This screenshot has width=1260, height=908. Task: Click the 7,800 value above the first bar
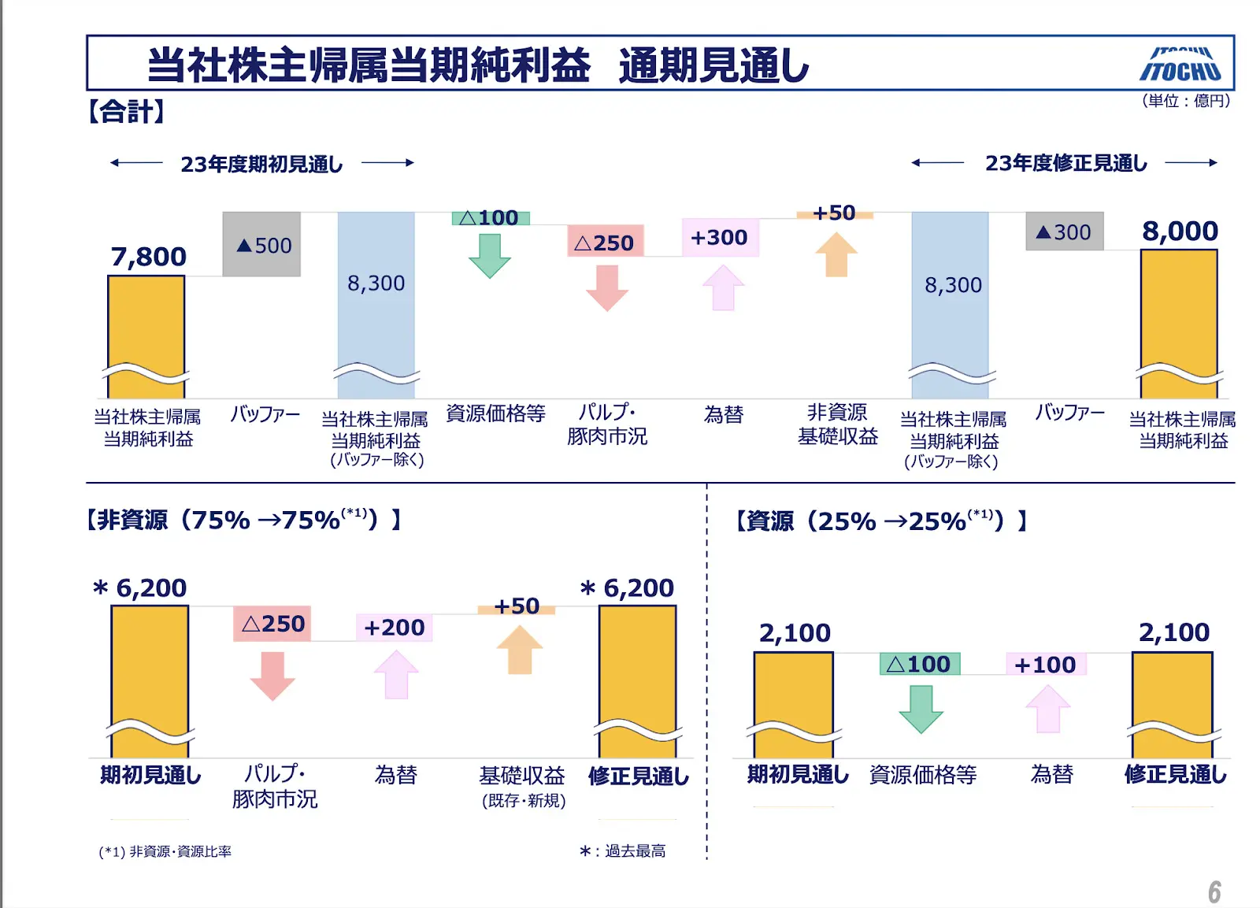pyautogui.click(x=148, y=257)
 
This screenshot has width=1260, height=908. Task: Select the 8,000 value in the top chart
pyautogui.click(x=1180, y=232)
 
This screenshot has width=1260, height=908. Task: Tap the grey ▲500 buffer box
pyautogui.click(x=261, y=245)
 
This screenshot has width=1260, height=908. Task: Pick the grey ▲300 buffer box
pyautogui.click(x=1064, y=232)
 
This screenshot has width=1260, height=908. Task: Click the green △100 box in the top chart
pyautogui.click(x=490, y=218)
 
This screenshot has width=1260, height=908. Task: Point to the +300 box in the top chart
pyautogui.click(x=719, y=238)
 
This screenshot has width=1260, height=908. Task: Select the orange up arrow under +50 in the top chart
pyautogui.click(x=836, y=254)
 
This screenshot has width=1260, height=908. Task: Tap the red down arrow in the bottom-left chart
pyautogui.click(x=272, y=676)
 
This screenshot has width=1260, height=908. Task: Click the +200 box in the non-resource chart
pyautogui.click(x=395, y=628)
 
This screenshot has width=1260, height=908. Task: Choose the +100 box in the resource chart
pyautogui.click(x=1045, y=665)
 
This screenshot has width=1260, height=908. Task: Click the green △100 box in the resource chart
pyautogui.click(x=919, y=665)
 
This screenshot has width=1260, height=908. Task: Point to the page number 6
pyautogui.click(x=1214, y=892)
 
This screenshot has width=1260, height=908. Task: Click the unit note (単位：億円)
pyautogui.click(x=1186, y=101)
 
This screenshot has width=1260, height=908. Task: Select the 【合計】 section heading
pyautogui.click(x=126, y=112)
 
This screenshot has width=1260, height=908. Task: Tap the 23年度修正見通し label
pyautogui.click(x=1065, y=163)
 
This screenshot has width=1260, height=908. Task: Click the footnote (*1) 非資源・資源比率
pyautogui.click(x=165, y=851)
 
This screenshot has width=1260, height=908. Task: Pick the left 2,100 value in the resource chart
pyautogui.click(x=794, y=633)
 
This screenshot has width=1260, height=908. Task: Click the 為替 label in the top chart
pyautogui.click(x=723, y=415)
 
